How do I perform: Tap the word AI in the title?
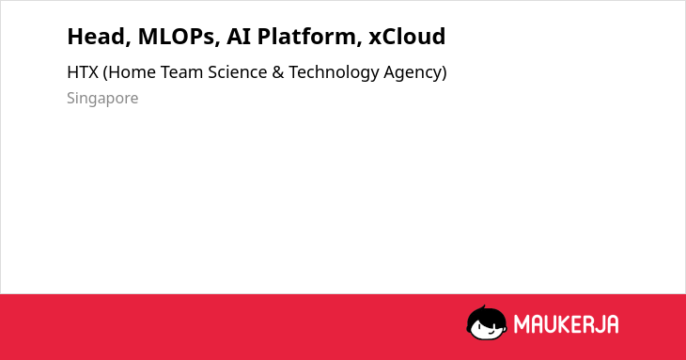pyautogui.click(x=239, y=37)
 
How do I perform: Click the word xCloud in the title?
pyautogui.click(x=407, y=36)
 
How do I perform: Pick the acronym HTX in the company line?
pyautogui.click(x=83, y=72)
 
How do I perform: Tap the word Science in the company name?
pyautogui.click(x=238, y=72)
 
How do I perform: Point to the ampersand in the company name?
pyautogui.click(x=278, y=72)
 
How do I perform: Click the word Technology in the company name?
pyautogui.click(x=334, y=73)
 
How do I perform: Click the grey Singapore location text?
pyautogui.click(x=102, y=99)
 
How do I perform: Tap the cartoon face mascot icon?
pyautogui.click(x=487, y=322)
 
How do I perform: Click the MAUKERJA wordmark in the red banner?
pyautogui.click(x=566, y=324)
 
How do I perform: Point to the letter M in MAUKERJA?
pyautogui.click(x=522, y=324)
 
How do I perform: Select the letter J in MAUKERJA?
pyautogui.click(x=598, y=324)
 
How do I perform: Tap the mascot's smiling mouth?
pyautogui.click(x=491, y=332)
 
